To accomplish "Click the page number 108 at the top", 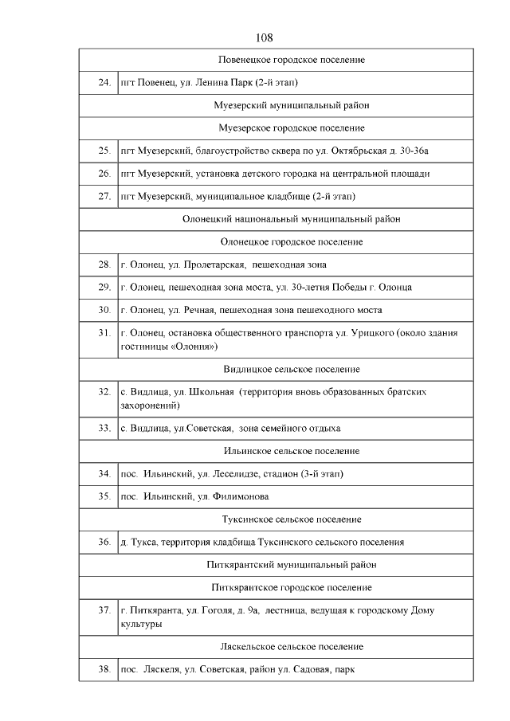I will (x=265, y=37).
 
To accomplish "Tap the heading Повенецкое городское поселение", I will (x=292, y=60).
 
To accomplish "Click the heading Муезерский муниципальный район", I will (x=292, y=105).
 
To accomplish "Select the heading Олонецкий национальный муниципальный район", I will (x=292, y=218).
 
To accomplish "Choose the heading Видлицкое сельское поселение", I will (x=292, y=369).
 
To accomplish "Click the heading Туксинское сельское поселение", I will (x=292, y=519).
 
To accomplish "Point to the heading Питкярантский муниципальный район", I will (x=292, y=565).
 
